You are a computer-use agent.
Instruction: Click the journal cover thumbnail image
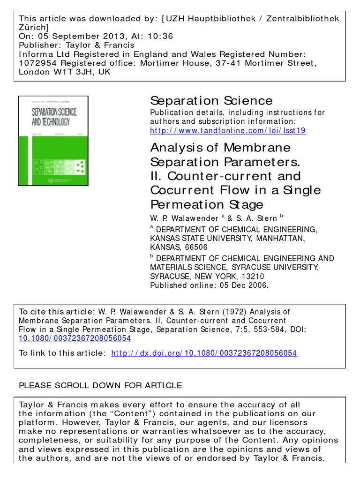click(x=53, y=141)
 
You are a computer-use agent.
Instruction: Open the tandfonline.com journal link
click(x=227, y=130)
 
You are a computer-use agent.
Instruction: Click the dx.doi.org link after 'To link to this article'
click(x=204, y=353)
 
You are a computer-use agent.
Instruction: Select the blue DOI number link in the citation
click(x=75, y=338)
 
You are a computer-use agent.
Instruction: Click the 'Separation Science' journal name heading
click(x=211, y=100)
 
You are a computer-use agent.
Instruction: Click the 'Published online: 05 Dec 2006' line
click(x=209, y=285)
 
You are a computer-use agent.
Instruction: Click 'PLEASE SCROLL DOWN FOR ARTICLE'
click(x=100, y=386)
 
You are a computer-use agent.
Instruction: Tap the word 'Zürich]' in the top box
click(x=34, y=27)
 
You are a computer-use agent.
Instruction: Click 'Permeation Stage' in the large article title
click(x=207, y=204)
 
